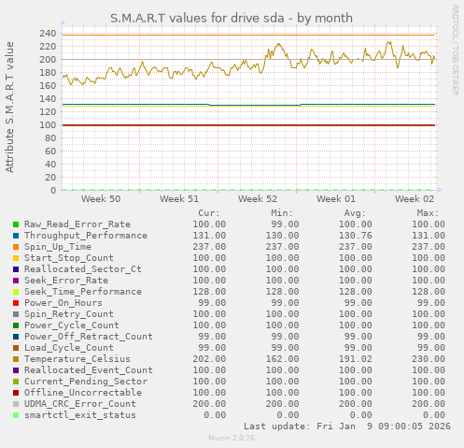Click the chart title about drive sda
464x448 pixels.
pyautogui.click(x=232, y=18)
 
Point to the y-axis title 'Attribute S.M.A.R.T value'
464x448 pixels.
pyautogui.click(x=10, y=107)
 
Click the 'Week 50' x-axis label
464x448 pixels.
pyautogui.click(x=101, y=199)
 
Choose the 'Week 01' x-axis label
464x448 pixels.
pyautogui.click(x=336, y=199)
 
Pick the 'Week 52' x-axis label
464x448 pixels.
pyautogui.click(x=258, y=199)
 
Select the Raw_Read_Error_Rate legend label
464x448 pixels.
pyautogui.click(x=77, y=224)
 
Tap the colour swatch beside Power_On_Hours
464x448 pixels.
pyautogui.click(x=16, y=303)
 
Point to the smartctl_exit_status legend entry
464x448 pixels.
pyautogui.click(x=79, y=415)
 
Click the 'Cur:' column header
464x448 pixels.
pyautogui.click(x=210, y=213)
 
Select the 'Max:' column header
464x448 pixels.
pyautogui.click(x=429, y=213)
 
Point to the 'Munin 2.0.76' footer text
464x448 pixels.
pyautogui.click(x=231, y=438)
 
